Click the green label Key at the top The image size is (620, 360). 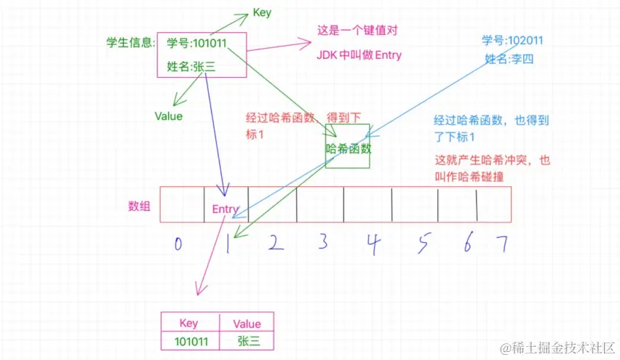(262, 12)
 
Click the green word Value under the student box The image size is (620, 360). (168, 116)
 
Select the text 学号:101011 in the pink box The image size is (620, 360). (196, 43)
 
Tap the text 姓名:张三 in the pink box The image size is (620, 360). (191, 66)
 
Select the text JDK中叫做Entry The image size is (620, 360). (359, 55)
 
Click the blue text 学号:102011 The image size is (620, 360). (512, 40)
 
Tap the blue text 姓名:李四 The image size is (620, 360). (509, 59)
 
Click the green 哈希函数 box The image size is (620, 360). (349, 148)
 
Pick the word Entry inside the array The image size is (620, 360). (226, 209)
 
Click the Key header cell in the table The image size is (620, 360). (188, 324)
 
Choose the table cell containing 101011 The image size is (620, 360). (188, 341)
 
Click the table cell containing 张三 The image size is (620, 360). (247, 341)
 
